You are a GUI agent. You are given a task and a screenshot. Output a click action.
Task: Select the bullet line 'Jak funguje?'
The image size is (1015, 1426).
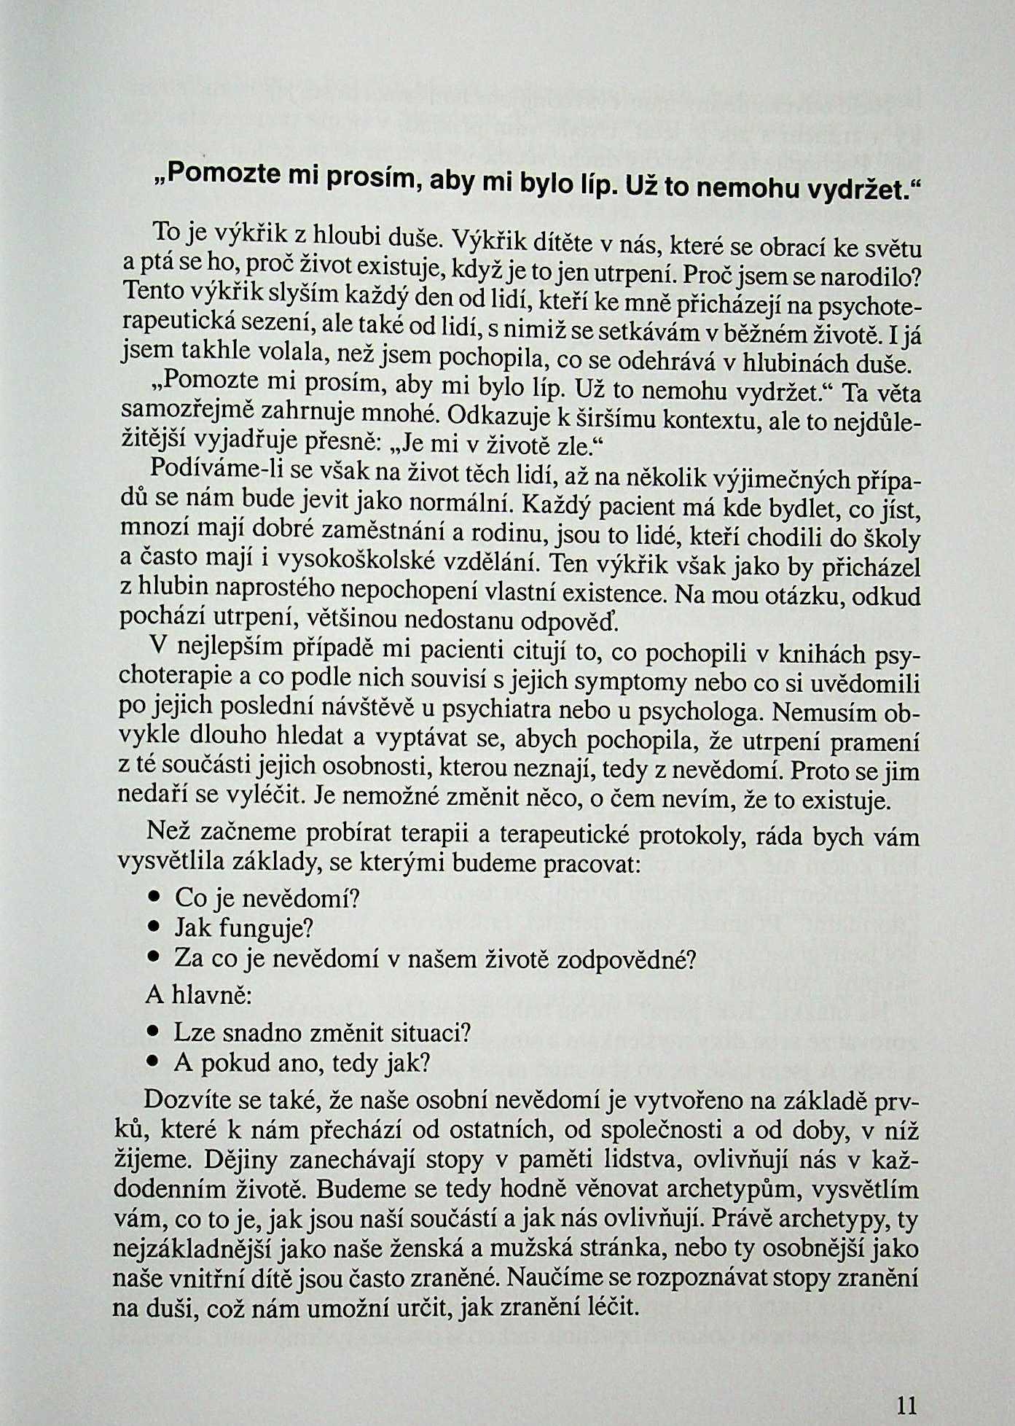click(x=243, y=928)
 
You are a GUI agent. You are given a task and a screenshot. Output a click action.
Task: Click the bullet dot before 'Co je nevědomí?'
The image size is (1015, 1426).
click(x=154, y=897)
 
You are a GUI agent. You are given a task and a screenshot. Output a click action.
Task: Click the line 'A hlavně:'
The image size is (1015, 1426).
click(x=199, y=994)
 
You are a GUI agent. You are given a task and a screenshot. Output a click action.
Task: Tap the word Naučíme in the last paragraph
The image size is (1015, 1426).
click(x=552, y=1278)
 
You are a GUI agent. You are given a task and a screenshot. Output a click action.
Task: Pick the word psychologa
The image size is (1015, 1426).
click(x=710, y=710)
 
